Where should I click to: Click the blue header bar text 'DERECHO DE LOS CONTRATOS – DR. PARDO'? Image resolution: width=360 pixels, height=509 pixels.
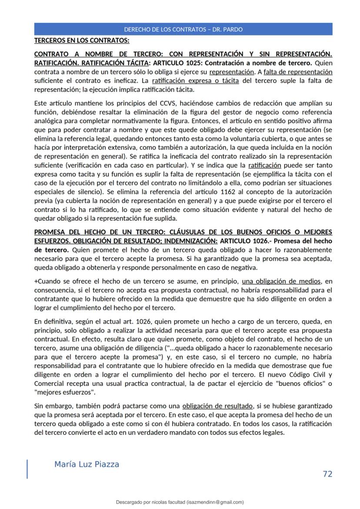point(183,30)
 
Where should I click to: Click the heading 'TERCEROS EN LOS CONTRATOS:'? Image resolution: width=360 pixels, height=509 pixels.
point(82,41)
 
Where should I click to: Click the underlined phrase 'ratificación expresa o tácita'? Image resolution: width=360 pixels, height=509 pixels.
point(195,81)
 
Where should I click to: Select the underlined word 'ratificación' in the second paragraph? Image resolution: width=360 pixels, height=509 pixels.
point(264,165)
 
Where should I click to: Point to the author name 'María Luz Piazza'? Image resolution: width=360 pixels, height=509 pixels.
point(87,464)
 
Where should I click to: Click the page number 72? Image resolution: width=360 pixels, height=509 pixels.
point(327,474)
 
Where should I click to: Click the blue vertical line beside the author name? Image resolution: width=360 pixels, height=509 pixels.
point(27,469)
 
